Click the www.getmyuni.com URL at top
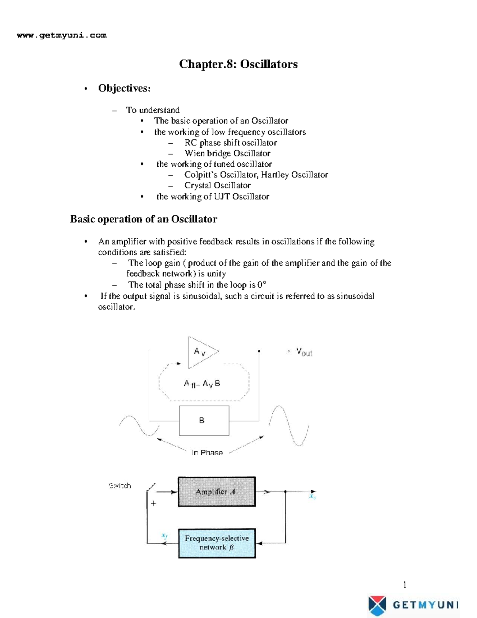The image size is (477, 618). point(62,35)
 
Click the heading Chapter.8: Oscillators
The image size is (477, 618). point(238,64)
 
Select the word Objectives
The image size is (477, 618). point(124,88)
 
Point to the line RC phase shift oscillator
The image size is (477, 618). point(231,142)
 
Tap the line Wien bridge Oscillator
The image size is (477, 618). point(227,153)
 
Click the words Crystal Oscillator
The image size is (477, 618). point(217,185)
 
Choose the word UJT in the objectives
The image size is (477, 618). point(222,197)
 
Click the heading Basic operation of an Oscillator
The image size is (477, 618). point(143,219)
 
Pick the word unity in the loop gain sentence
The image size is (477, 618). point(216,274)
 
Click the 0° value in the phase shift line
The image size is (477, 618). point(262,285)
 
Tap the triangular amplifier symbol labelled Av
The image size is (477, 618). point(201,352)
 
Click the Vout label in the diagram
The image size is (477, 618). point(304,352)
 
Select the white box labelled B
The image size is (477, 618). point(204,421)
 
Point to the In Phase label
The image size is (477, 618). point(207,452)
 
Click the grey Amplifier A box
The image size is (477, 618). point(217,492)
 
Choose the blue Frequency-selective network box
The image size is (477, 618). point(217,543)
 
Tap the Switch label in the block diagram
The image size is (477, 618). point(120,486)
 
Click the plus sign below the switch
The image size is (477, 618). point(153,504)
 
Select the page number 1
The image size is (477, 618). point(405,585)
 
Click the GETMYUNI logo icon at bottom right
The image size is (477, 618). point(377,605)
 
